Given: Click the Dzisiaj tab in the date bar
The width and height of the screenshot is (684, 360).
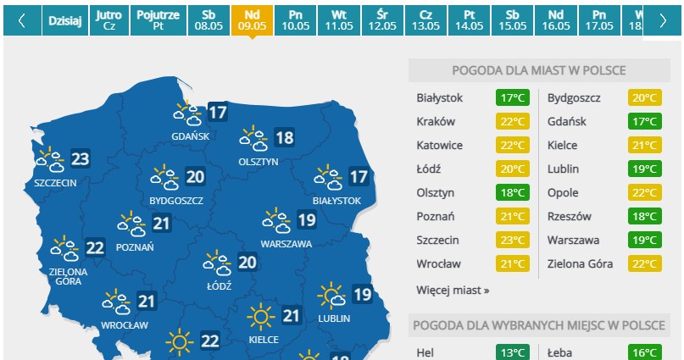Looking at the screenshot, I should [x=64, y=19].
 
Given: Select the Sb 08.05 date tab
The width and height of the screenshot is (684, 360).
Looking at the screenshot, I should [x=208, y=19].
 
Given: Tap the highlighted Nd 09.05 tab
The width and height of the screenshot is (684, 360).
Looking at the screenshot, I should [x=252, y=19].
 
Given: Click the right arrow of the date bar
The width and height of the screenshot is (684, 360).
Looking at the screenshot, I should [x=663, y=20].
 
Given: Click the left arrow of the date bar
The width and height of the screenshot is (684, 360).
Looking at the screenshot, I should [x=21, y=20].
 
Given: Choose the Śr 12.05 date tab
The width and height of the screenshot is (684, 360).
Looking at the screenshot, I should [x=383, y=19].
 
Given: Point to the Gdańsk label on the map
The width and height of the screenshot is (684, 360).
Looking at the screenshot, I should [x=185, y=136].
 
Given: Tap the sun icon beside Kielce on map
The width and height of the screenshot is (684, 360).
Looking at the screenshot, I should [x=260, y=318].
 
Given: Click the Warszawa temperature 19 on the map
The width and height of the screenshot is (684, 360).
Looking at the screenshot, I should [x=306, y=221].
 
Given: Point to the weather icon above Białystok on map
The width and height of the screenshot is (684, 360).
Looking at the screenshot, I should [x=327, y=178].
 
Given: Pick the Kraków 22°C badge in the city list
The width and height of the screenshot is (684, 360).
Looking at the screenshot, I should [x=511, y=121].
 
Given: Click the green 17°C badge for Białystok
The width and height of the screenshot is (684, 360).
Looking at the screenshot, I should [x=511, y=97].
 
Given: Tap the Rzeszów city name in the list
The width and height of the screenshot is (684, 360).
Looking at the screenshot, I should [x=570, y=216].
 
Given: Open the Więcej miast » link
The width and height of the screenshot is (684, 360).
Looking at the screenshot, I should [x=453, y=290].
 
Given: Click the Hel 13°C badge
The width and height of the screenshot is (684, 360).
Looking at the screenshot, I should [x=511, y=352].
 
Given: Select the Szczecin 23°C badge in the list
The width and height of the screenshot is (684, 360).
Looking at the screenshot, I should [x=511, y=240].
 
